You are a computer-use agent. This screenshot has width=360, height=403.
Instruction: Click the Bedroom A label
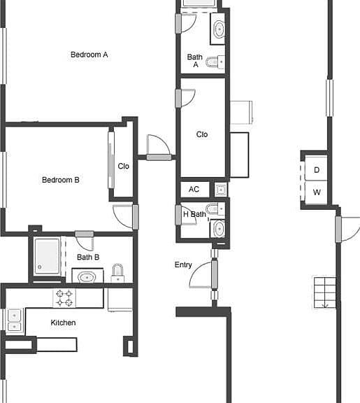click(x=89, y=55)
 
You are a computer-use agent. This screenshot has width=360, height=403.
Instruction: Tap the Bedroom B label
click(x=61, y=180)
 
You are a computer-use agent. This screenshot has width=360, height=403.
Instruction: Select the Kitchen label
click(x=63, y=323)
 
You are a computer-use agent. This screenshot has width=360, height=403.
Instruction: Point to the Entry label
click(x=183, y=265)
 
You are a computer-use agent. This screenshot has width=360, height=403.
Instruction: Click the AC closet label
click(x=194, y=190)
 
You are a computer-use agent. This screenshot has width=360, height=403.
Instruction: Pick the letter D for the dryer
click(x=317, y=170)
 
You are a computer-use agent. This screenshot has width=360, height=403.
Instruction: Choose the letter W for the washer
click(x=317, y=192)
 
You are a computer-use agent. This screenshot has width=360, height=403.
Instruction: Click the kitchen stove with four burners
click(x=64, y=298)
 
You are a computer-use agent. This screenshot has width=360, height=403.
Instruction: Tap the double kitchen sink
click(x=15, y=321)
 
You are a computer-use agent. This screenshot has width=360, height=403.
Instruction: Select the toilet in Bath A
click(x=215, y=62)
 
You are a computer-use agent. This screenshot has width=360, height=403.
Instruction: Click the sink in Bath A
click(x=219, y=29)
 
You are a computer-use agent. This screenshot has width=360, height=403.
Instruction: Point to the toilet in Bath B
click(x=117, y=273)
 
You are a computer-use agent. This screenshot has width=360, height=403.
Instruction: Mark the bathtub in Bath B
click(x=48, y=257)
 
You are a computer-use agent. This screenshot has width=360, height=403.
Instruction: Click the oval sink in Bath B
click(x=87, y=277)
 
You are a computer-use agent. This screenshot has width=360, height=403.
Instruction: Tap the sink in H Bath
click(x=219, y=229)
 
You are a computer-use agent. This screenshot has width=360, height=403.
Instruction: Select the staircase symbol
click(x=324, y=292)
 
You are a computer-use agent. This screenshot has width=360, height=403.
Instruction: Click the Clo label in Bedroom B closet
click(x=123, y=167)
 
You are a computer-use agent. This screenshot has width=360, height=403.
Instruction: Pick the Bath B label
click(x=88, y=257)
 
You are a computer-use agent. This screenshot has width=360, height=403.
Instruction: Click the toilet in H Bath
click(x=215, y=209)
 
